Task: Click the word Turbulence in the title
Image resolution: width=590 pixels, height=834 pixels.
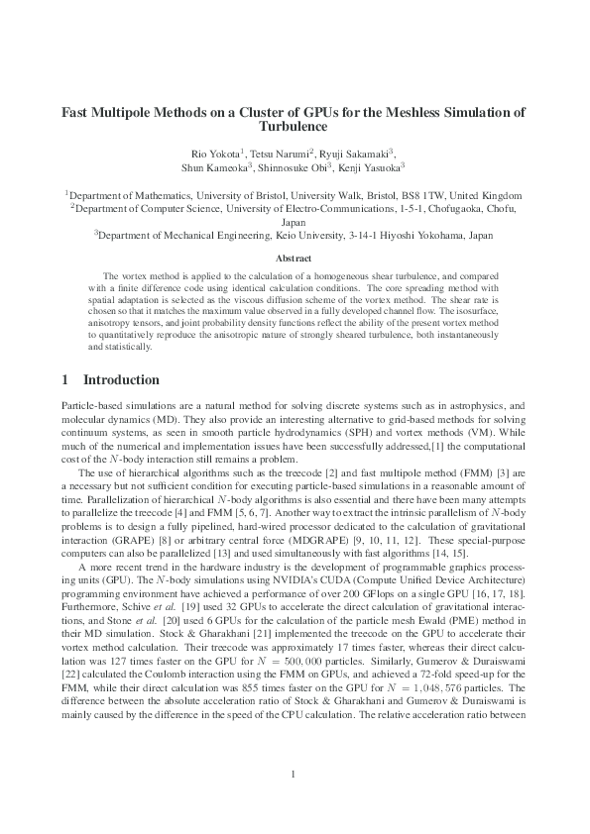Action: pos(295,128)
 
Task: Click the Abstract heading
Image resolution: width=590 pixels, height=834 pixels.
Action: pos(295,258)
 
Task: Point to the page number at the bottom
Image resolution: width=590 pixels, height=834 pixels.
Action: pos(295,774)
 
